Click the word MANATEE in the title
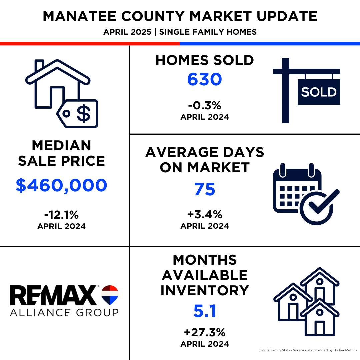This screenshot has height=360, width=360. pos(79,16)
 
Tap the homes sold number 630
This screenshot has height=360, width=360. pos(205,79)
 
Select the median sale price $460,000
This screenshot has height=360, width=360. pos(62,185)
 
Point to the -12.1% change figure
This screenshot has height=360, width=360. pos(62,215)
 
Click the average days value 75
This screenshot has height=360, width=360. pos(205,189)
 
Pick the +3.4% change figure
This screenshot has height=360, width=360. pos(205,214)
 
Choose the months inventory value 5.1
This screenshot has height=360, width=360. pos(205,311)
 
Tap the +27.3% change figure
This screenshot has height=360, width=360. pos(205,332)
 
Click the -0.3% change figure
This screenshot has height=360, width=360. pos(205,106)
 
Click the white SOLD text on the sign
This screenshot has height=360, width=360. pos(319,92)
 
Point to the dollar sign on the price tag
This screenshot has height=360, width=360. pos(84,113)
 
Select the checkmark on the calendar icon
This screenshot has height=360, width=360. pos(324,201)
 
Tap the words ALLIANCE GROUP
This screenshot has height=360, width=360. pos(64,312)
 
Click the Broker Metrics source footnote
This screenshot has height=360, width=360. pos(308,350)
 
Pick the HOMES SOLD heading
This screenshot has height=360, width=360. pos(205,60)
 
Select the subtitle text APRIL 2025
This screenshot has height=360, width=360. pos(127,32)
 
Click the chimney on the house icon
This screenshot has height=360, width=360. pos(39,65)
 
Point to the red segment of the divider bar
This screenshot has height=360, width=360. pos(90,44)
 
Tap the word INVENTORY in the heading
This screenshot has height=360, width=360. pos(205,290)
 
